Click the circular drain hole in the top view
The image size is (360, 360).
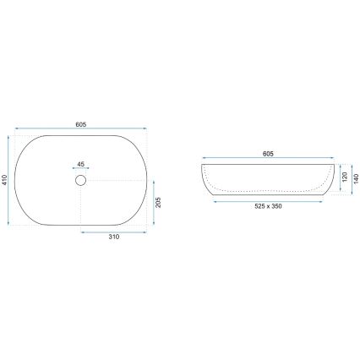[x=81, y=180]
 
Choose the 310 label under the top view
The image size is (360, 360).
[x=113, y=238]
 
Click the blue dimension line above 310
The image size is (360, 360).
[x=114, y=230]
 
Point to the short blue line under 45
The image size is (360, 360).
[x=81, y=170]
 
